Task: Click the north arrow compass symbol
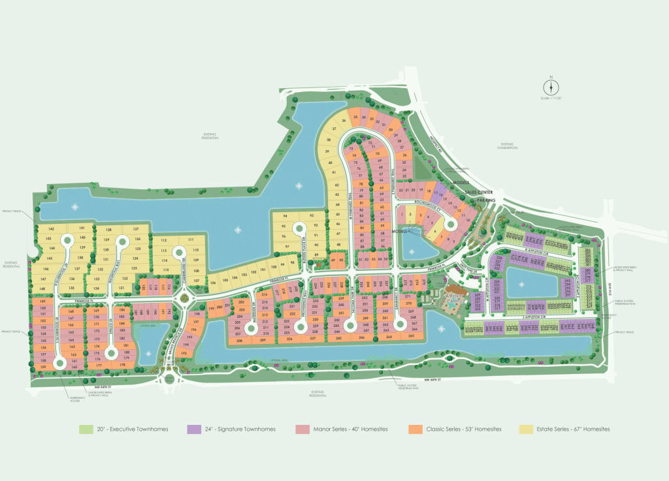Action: tap(551, 87)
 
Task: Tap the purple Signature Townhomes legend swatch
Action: tap(193, 429)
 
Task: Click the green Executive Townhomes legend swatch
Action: tap(86, 429)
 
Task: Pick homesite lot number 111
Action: tap(191, 240)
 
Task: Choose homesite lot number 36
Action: tap(343, 121)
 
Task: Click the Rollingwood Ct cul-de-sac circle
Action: tap(451, 225)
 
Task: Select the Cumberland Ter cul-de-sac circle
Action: tap(182, 300)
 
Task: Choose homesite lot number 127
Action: tap(136, 230)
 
